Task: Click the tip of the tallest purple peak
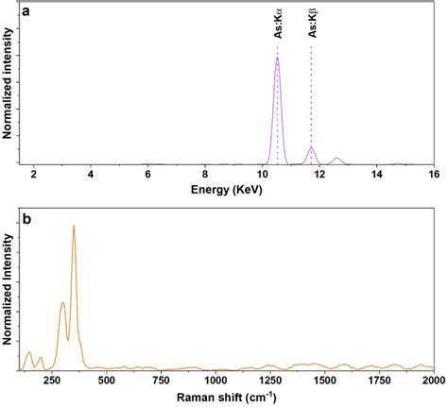pos(277,59)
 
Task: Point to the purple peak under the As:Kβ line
pos(311,147)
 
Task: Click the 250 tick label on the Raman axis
pos(62,381)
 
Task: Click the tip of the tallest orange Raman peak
pos(73,226)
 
